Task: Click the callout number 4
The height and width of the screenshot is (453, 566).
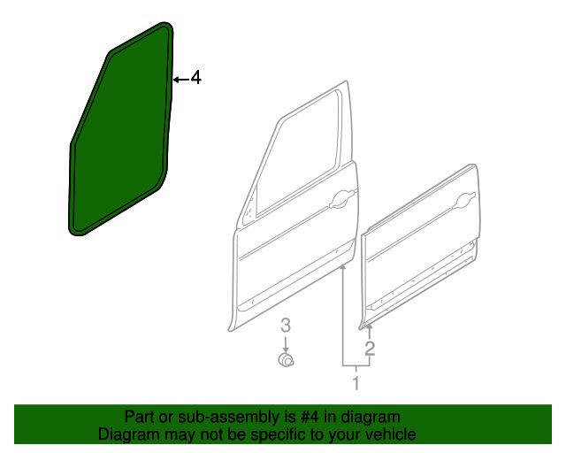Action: pyautogui.click(x=195, y=78)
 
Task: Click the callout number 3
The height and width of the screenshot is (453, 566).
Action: pyautogui.click(x=286, y=326)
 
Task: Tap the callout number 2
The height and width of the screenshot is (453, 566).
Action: pyautogui.click(x=370, y=349)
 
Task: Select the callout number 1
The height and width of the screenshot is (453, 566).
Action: pyautogui.click(x=356, y=383)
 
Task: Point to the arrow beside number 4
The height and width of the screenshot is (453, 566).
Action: pyautogui.click(x=181, y=79)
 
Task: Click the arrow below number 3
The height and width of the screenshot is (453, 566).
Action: pyautogui.click(x=286, y=345)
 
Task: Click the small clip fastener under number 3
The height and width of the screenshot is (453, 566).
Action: pyautogui.click(x=286, y=360)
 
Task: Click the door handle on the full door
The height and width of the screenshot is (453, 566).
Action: pyautogui.click(x=342, y=200)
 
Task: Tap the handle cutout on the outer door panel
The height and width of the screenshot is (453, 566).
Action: pyautogui.click(x=466, y=200)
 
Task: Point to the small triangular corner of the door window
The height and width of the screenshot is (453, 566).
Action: pyautogui.click(x=249, y=213)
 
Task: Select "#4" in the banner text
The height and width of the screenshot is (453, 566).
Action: pyautogui.click(x=310, y=418)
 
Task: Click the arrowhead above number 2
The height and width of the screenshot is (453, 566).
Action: pyautogui.click(x=370, y=326)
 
